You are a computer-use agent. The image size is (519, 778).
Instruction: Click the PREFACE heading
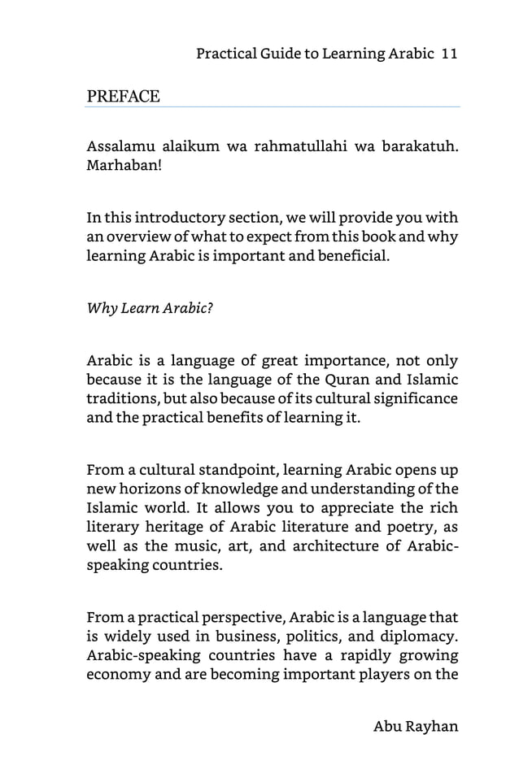pyautogui.click(x=123, y=97)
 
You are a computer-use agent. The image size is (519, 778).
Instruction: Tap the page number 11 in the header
pyautogui.click(x=449, y=54)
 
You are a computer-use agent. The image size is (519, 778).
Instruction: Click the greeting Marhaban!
pyautogui.click(x=124, y=166)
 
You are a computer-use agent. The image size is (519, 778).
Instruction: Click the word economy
pyautogui.click(x=118, y=676)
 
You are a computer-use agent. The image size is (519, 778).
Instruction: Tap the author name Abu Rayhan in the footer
pyautogui.click(x=416, y=726)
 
